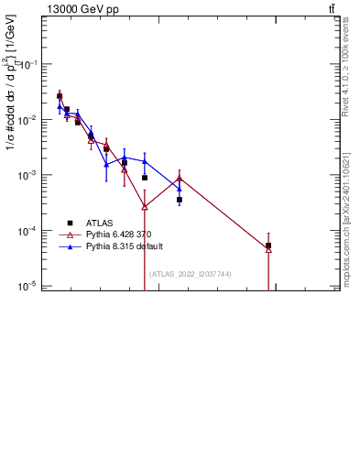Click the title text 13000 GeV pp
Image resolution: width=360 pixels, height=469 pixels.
(x=82, y=9)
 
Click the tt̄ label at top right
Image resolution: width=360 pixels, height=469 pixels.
(x=332, y=9)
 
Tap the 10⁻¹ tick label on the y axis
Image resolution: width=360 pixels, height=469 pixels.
(x=29, y=65)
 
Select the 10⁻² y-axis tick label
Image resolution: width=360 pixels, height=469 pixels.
(x=29, y=120)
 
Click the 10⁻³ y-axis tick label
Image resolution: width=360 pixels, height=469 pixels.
(x=29, y=175)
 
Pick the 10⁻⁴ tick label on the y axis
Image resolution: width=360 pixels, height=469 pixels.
(x=29, y=231)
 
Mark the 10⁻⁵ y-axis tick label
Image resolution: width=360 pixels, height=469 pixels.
(x=29, y=286)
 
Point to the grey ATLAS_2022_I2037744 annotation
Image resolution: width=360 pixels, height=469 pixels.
(x=190, y=274)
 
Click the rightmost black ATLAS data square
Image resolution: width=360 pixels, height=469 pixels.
(x=268, y=245)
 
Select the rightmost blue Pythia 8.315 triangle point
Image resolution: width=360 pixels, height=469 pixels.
(x=180, y=189)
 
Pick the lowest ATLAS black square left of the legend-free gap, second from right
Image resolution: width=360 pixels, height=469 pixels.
(x=180, y=199)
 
